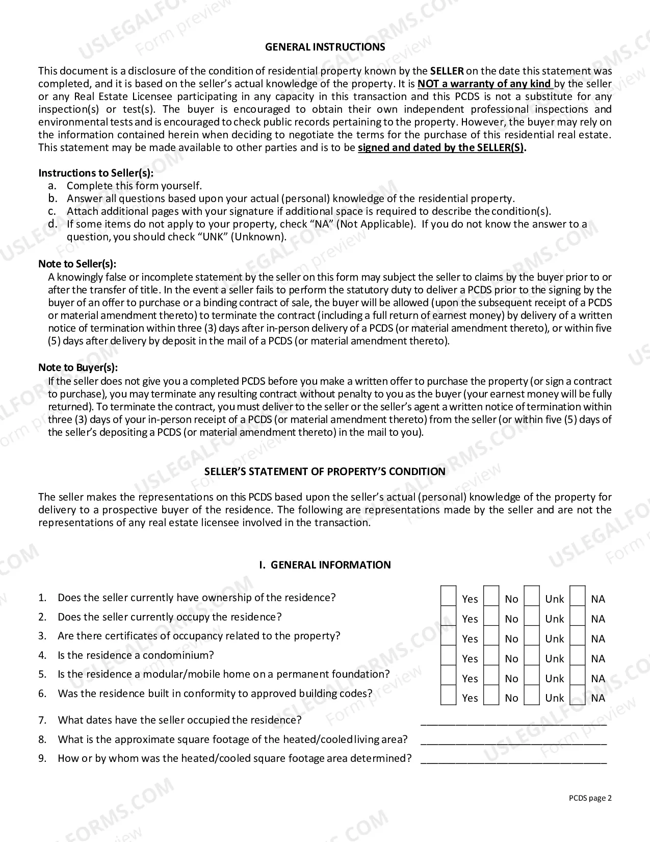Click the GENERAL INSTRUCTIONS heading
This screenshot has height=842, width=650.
(x=325, y=47)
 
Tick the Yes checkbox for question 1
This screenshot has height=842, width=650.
(x=448, y=596)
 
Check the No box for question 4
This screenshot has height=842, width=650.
(x=491, y=655)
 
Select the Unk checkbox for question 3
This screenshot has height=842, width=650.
(x=532, y=635)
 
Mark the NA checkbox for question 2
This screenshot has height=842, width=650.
(x=577, y=615)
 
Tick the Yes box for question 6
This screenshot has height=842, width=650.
(x=448, y=695)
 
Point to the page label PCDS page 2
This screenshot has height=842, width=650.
(x=590, y=799)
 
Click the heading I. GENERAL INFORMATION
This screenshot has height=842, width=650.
(x=325, y=565)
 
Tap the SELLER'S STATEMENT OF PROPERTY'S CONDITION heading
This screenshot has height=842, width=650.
(x=325, y=472)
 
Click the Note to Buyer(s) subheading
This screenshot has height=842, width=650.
(x=78, y=367)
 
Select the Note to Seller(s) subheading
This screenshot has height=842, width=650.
(x=77, y=264)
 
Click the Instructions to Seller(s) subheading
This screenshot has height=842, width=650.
(x=96, y=173)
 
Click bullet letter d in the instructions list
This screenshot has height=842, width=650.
(x=52, y=224)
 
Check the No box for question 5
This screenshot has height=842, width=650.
(x=491, y=675)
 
